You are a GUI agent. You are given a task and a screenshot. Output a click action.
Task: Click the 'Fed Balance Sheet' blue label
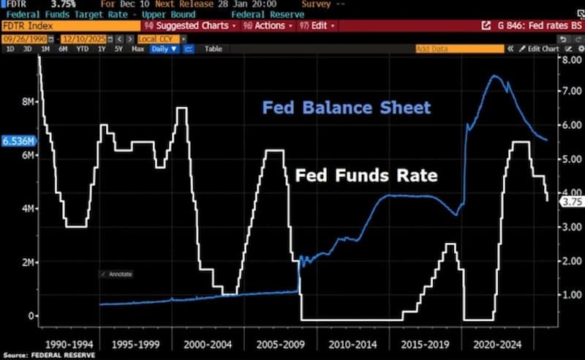(x=346, y=108)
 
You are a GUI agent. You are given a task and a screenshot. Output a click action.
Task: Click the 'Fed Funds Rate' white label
(x=365, y=176)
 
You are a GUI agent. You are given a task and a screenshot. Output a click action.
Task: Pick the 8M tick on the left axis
(x=28, y=102)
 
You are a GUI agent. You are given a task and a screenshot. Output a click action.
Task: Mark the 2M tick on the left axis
(x=28, y=263)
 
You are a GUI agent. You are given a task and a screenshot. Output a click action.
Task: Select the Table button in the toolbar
(x=214, y=48)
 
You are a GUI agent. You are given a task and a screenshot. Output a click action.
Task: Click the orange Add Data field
(x=459, y=48)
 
